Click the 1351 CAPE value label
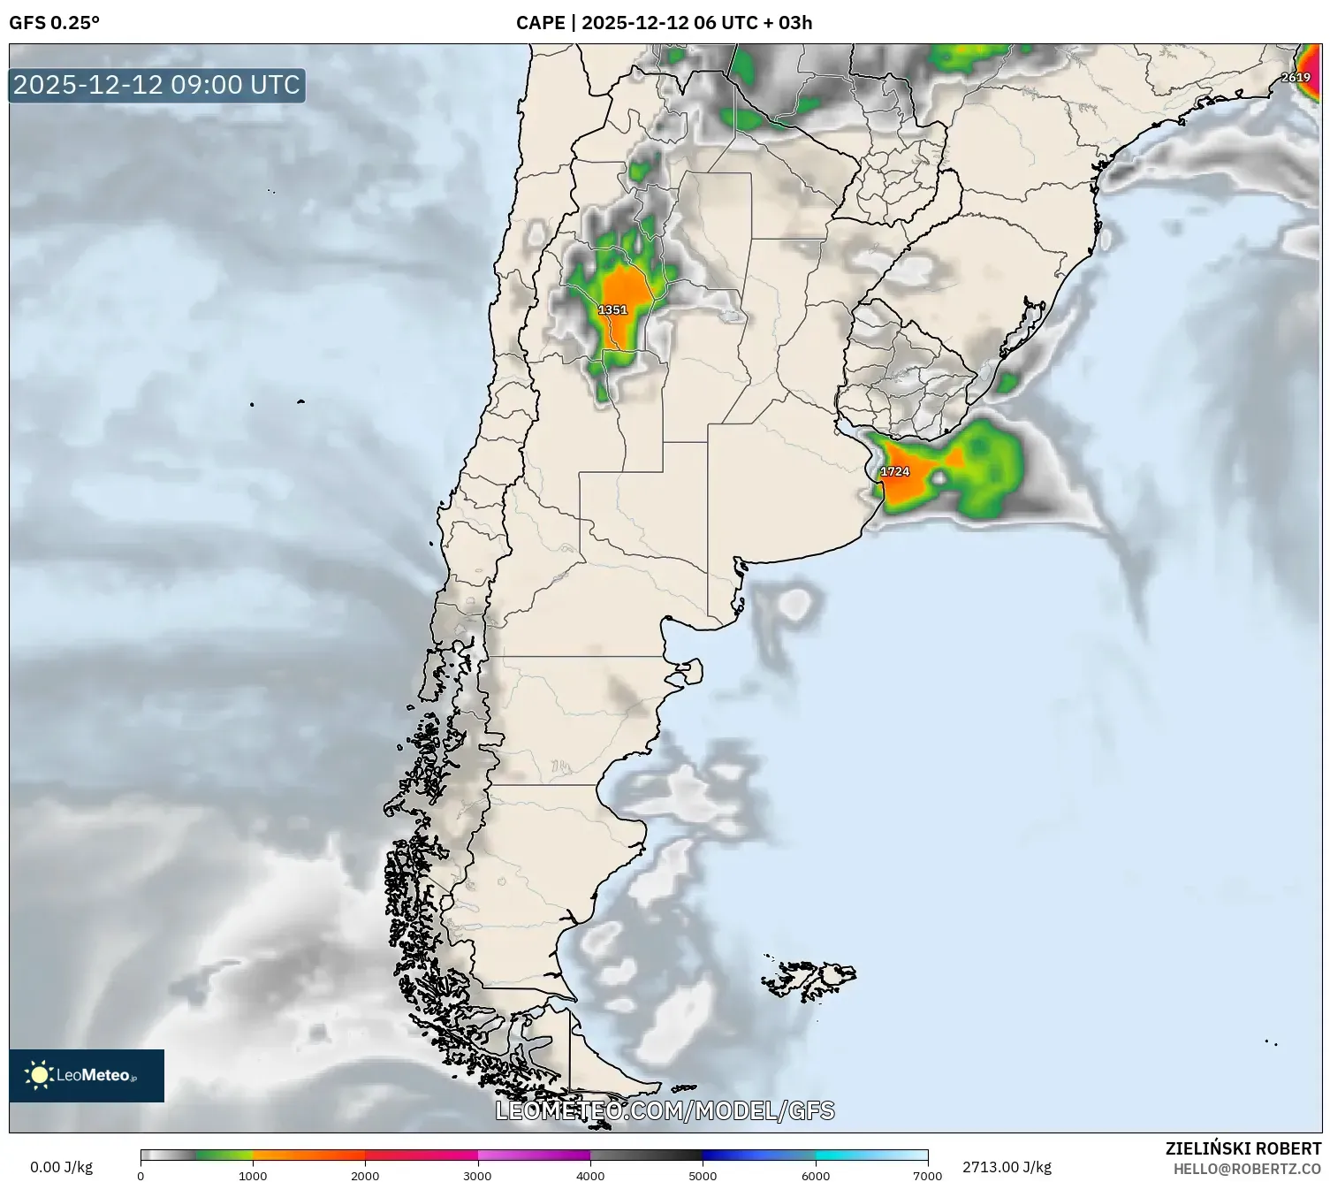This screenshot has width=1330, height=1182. click(612, 310)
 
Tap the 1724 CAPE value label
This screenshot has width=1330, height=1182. click(894, 472)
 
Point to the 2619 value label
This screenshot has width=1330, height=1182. click(1296, 78)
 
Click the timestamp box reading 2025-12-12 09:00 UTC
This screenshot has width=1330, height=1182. click(157, 85)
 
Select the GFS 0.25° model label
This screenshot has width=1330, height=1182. click(54, 23)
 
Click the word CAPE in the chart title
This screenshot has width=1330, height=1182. click(540, 23)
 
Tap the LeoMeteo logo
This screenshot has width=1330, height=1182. click(87, 1075)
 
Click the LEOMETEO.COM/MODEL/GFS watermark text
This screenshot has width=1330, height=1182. click(665, 1110)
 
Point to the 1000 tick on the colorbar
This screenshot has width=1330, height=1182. click(253, 1175)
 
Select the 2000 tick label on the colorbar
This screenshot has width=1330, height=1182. click(365, 1175)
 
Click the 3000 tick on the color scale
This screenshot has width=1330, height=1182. click(477, 1175)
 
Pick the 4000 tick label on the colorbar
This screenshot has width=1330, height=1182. click(590, 1175)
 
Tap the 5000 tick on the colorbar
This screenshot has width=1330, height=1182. click(703, 1175)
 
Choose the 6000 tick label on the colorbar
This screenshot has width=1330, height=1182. click(815, 1175)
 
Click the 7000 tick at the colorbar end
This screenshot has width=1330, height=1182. click(927, 1175)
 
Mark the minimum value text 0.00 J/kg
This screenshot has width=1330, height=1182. click(61, 1167)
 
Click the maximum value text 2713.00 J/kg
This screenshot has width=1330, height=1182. click(1007, 1167)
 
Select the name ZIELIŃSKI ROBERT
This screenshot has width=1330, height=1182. click(1243, 1148)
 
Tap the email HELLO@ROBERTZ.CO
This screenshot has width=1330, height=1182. click(1247, 1169)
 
